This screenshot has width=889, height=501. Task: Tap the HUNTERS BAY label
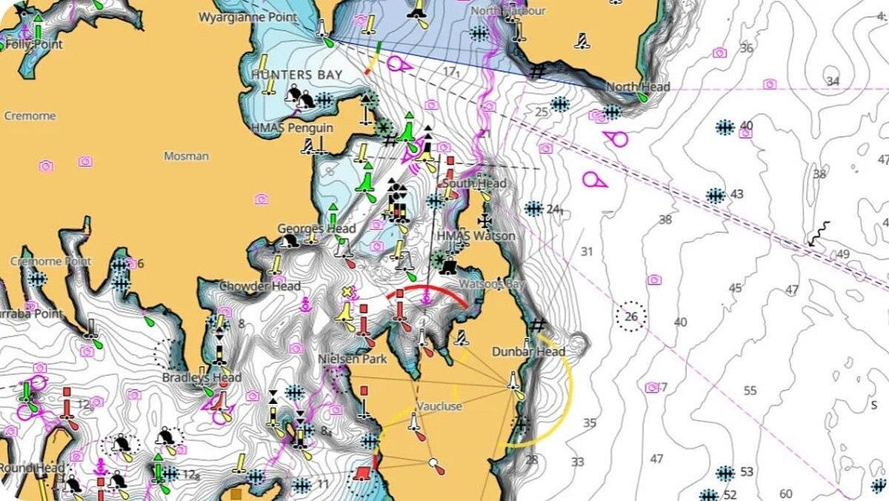[296, 75]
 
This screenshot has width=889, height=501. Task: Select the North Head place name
[638, 87]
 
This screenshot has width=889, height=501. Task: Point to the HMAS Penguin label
[292, 128]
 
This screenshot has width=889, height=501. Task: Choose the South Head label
[474, 183]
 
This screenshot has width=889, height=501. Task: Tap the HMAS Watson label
[476, 236]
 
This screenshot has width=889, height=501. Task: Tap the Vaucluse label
[439, 407]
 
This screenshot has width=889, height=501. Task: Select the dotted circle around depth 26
[631, 317]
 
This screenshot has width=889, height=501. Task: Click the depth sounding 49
[843, 254]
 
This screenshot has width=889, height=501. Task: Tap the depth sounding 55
[750, 391]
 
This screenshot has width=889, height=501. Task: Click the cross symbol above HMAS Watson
[485, 220]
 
